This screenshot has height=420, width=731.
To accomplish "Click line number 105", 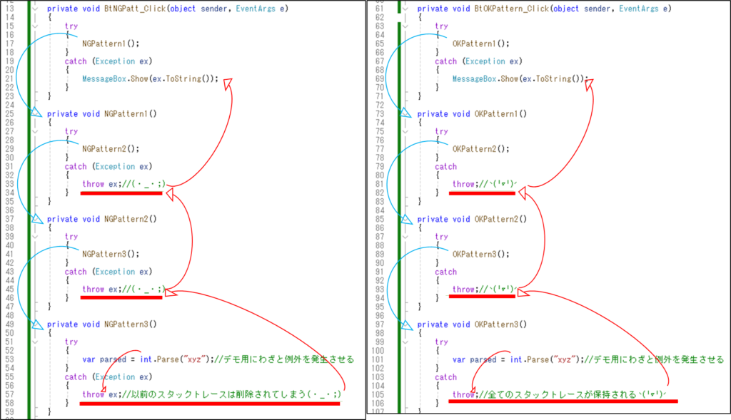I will coord(378,394).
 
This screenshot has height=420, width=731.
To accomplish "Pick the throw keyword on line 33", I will coord(93,184).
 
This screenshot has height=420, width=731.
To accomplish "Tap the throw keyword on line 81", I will coord(463,184).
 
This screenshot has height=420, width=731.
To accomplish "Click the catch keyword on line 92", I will coord(445,272).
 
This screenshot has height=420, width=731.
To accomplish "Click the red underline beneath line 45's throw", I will coord(121,298).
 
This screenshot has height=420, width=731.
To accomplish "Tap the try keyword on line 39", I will coord(71,237).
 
